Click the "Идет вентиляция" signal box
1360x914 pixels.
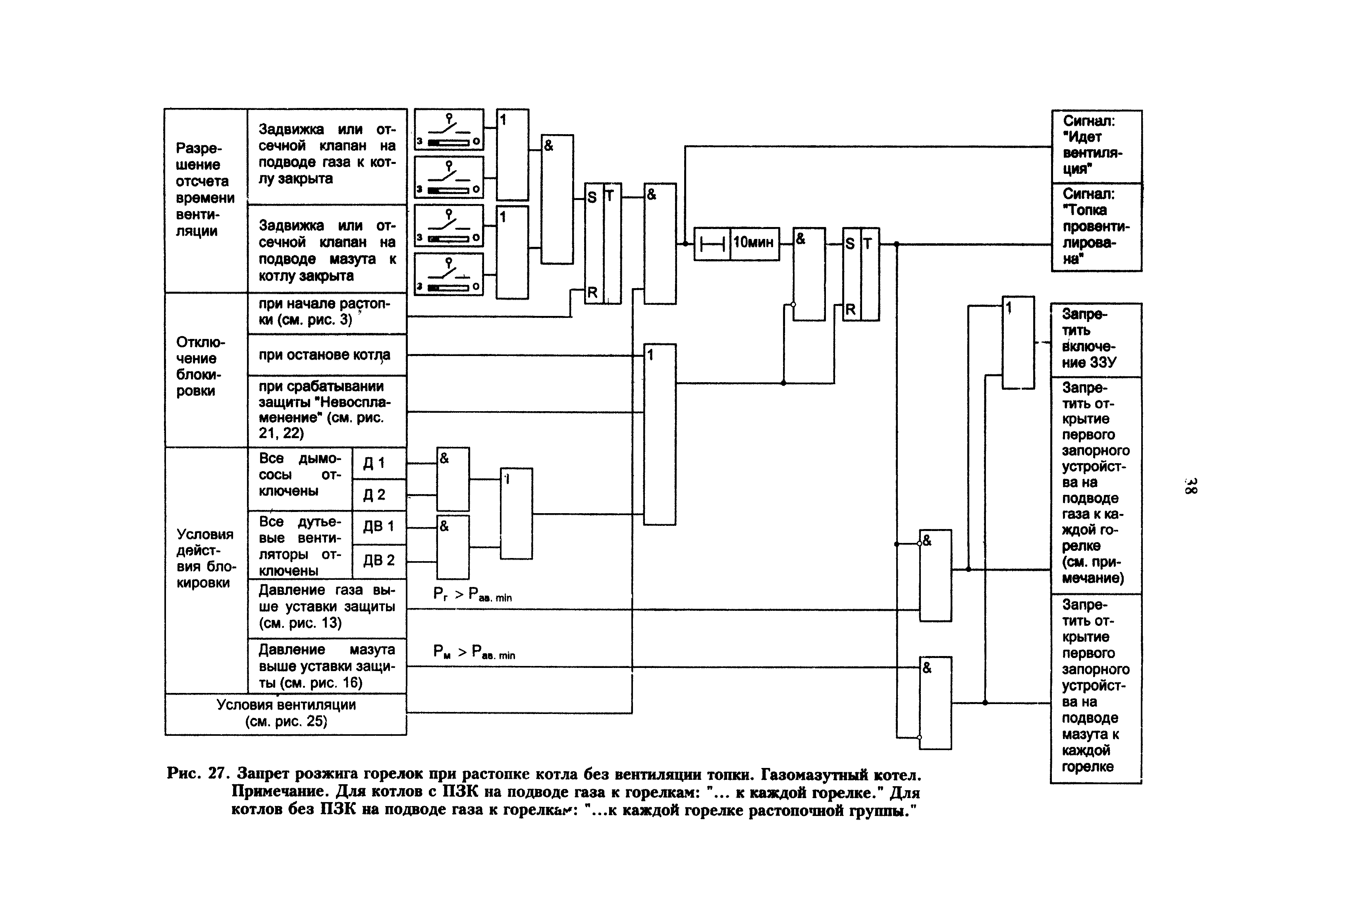click(x=1096, y=146)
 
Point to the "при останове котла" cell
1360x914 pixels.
click(x=326, y=355)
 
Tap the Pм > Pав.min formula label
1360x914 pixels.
click(x=474, y=652)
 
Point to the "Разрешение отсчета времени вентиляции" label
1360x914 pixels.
click(x=205, y=189)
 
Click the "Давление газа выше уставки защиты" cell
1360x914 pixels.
click(x=326, y=607)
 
